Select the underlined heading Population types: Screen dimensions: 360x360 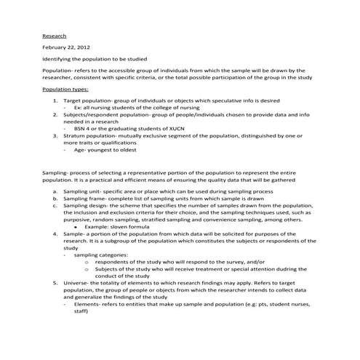[x=65, y=89]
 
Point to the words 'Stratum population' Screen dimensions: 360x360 [x=90, y=135]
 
